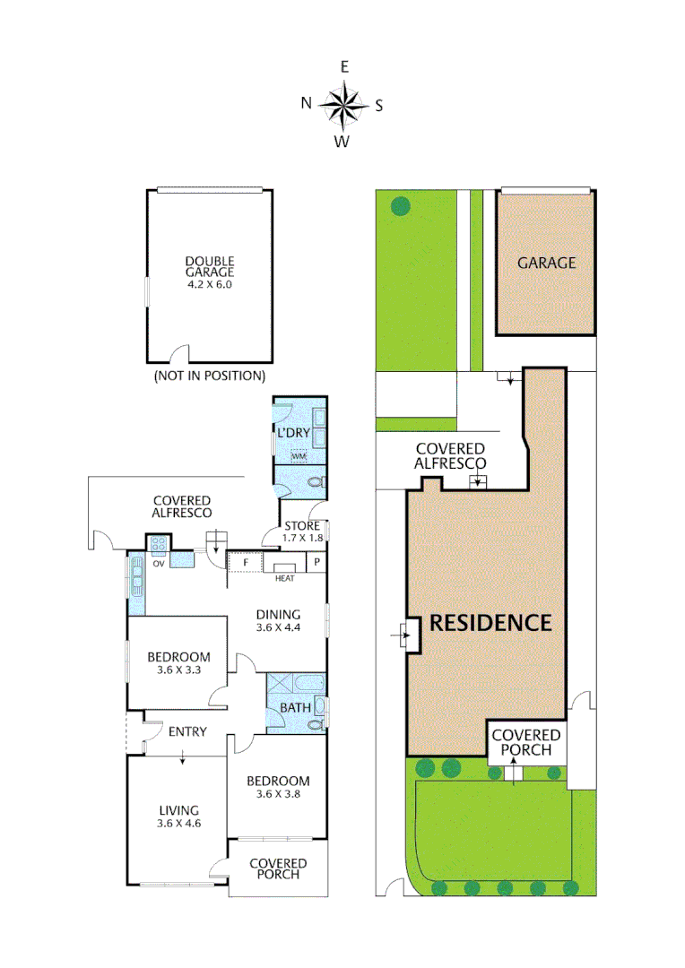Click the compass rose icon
click(x=343, y=104)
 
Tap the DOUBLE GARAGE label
click(x=209, y=272)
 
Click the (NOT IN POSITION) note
click(x=210, y=375)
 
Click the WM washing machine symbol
click(x=298, y=456)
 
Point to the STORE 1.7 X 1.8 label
click(x=301, y=532)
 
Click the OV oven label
click(x=159, y=564)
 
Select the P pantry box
click(x=316, y=562)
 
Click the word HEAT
click(x=285, y=578)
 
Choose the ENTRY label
click(x=187, y=731)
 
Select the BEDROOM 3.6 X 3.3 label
click(x=178, y=663)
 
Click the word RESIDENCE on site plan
click(x=490, y=623)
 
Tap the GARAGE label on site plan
click(x=546, y=263)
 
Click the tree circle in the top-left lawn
click(x=400, y=206)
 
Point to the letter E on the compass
click(x=344, y=66)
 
